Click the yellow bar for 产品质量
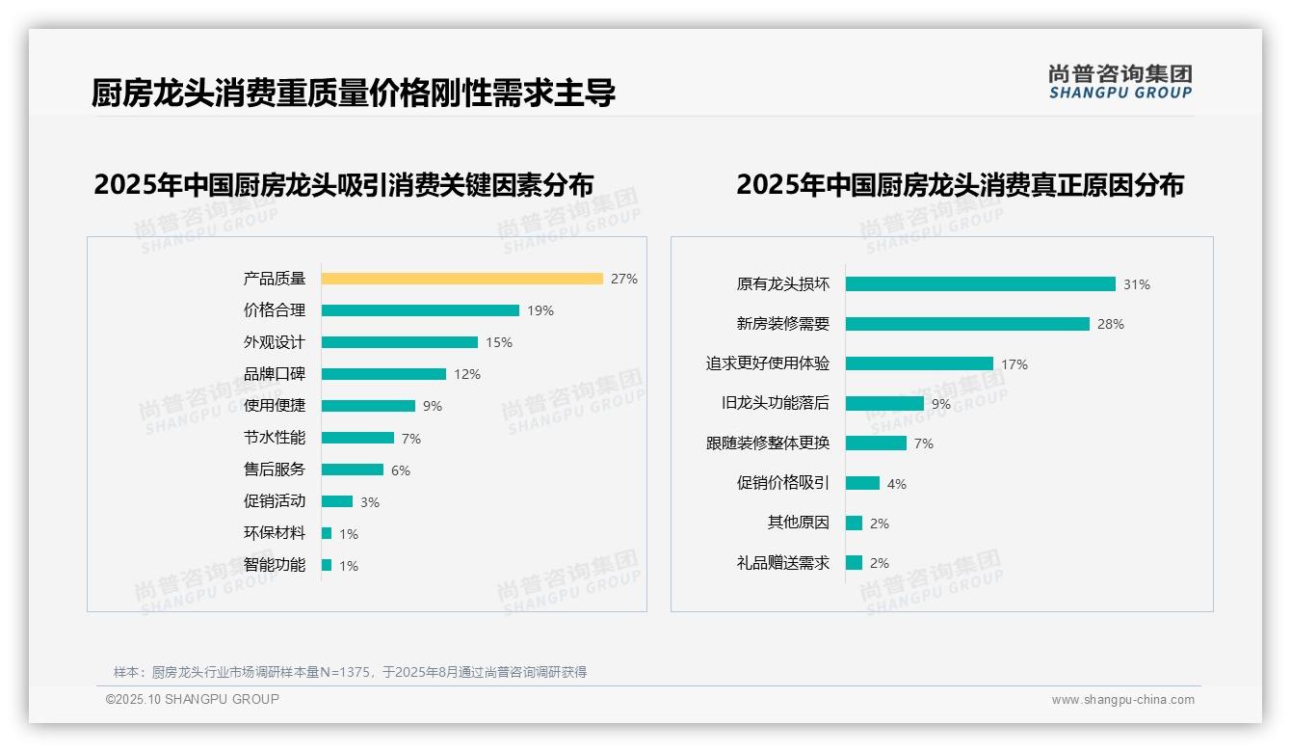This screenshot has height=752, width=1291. pyautogui.click(x=461, y=279)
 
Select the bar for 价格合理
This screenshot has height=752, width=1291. pyautogui.click(x=420, y=310)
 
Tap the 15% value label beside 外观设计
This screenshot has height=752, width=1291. pyautogui.click(x=499, y=342)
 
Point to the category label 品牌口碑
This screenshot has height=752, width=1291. pyautogui.click(x=275, y=374)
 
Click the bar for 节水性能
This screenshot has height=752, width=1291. pyautogui.click(x=357, y=438)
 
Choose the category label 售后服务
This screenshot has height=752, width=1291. pyautogui.click(x=275, y=470)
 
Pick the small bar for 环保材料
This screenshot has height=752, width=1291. pyautogui.click(x=327, y=533)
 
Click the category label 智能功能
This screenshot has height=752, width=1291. pyautogui.click(x=275, y=565)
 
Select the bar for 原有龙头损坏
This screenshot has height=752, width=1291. pyautogui.click(x=980, y=284)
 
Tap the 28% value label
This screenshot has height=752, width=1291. pyautogui.click(x=1110, y=324)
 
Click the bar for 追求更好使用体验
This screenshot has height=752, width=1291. pyautogui.click(x=919, y=363)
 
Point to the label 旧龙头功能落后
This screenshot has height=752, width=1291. pyautogui.click(x=776, y=403)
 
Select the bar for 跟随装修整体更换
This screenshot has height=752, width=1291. pyautogui.click(x=876, y=443)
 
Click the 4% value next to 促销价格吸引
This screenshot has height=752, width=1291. pyautogui.click(x=897, y=484)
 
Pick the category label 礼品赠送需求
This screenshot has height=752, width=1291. pyautogui.click(x=783, y=563)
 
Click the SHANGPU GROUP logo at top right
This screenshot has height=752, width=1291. pyautogui.click(x=1120, y=82)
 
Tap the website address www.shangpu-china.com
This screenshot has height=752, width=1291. pyautogui.click(x=1122, y=700)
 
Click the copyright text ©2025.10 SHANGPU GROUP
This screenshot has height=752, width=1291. pyautogui.click(x=193, y=699)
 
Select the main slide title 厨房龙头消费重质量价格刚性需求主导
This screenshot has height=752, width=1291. pyautogui.click(x=354, y=93)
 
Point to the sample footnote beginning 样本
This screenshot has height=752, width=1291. pyautogui.click(x=351, y=672)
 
